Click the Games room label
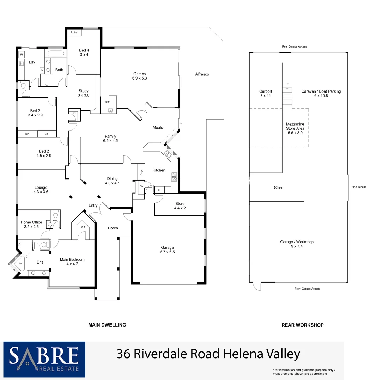pos(139,76)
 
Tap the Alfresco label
pos(202,74)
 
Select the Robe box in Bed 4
pos(74,32)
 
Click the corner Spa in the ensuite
pos(16,263)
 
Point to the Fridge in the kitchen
pos(141,172)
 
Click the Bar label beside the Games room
pos(108,102)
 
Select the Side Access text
pos(359,187)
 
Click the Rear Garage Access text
pos(294,46)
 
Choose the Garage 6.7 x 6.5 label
pos(168,249)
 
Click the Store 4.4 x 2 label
pos(180,206)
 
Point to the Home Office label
pos(31,224)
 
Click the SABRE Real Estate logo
pos(44,359)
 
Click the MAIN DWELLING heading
pos(107,325)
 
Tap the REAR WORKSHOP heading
pos(302,325)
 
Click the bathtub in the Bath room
pos(56,54)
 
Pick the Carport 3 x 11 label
pos(266,93)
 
